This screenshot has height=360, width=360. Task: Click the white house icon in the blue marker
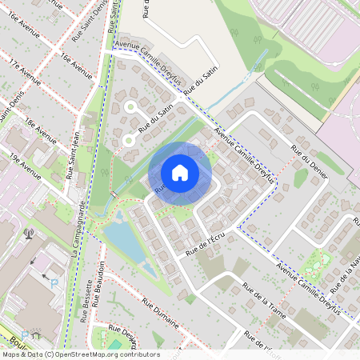click(180, 172)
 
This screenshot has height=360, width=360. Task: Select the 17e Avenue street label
click(25, 70)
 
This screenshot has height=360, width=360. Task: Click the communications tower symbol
click(30, 234)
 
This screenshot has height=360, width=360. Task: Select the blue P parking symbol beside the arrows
click(54, 283)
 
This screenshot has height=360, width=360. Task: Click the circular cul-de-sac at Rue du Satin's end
click(128, 142)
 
